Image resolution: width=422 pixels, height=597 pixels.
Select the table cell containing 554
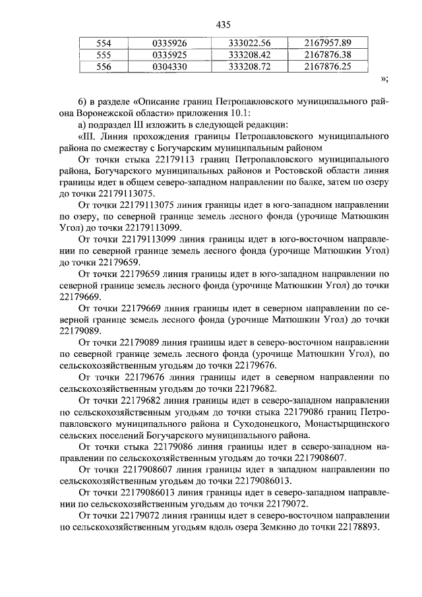tap(104, 44)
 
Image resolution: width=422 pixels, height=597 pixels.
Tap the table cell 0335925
tap(169, 55)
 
